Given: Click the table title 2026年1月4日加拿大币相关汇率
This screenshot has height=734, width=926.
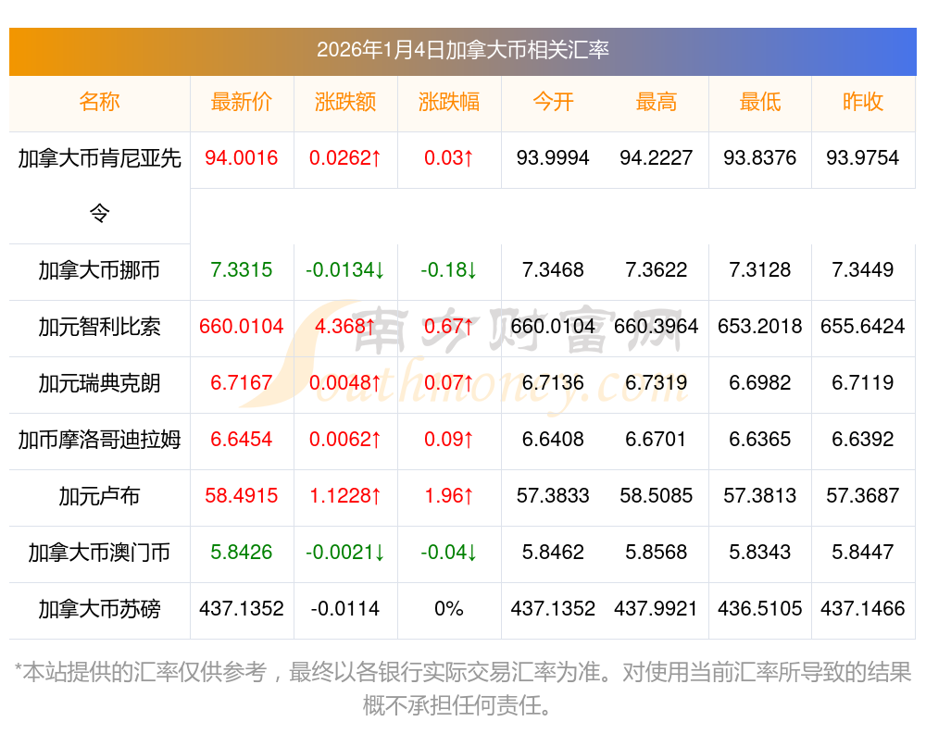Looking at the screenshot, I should (462, 50).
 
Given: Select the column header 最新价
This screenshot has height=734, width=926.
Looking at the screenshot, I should (242, 103).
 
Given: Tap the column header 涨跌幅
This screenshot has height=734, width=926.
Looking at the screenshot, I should (449, 103).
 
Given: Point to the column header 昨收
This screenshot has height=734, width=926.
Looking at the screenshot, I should (863, 103).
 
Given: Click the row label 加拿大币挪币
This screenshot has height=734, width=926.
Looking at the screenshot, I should (99, 270).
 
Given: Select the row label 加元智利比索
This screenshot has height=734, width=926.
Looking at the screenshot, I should (99, 327).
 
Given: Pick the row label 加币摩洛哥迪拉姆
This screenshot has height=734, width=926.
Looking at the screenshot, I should (99, 440).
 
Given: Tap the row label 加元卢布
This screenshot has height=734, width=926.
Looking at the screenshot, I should (99, 496).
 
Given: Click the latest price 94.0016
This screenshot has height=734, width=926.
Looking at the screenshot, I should (242, 158).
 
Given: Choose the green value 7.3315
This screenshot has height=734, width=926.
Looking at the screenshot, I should (242, 270).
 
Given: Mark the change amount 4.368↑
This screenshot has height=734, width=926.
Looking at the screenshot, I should (345, 327).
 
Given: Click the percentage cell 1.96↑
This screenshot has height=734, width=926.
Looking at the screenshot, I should (449, 496).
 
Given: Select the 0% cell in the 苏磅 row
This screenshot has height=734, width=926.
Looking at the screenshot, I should (449, 609).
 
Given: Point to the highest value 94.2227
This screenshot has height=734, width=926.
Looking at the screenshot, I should (657, 158).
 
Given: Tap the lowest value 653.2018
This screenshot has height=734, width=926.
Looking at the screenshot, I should (760, 327).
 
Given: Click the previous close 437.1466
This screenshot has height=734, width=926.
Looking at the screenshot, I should (863, 609).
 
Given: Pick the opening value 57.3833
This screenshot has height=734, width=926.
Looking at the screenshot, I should (553, 496).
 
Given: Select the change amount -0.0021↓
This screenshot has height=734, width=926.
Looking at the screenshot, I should (345, 553).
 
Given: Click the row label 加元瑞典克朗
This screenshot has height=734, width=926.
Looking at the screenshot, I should (99, 383).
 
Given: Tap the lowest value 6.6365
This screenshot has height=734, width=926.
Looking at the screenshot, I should (760, 440).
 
